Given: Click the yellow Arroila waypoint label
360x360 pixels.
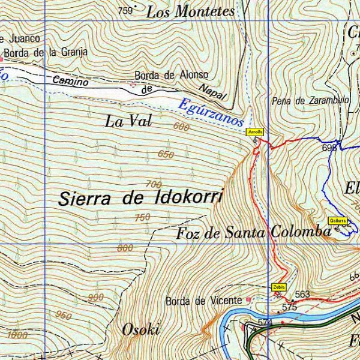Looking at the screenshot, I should tap(254, 131).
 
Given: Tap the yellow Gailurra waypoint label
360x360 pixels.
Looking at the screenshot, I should tap(338, 220).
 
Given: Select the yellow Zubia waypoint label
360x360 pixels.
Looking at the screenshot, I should tap(278, 287).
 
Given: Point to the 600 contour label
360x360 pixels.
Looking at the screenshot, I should tap(181, 127).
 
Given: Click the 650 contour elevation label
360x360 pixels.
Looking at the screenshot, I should tap(166, 155).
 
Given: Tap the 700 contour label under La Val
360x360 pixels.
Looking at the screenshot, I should tap(154, 184).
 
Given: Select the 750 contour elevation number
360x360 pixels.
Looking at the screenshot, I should tap(142, 217).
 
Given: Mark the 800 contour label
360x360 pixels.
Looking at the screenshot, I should tap(125, 248).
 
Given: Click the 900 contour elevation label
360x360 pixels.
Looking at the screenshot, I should tap(95, 298).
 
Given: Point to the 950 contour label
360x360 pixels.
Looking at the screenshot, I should tap(64, 315).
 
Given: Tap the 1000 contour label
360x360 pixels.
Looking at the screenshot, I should tap(18, 335).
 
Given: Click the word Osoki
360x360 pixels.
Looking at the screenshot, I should tap(141, 329).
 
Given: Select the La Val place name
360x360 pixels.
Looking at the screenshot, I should tap(129, 121).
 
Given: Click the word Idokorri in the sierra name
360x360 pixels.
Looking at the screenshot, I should tap(189, 197).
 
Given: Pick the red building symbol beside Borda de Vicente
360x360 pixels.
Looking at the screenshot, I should tap(248, 299).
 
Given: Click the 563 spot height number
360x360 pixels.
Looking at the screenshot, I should tap(302, 294).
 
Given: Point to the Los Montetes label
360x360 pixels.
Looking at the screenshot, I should tap(190, 11).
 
